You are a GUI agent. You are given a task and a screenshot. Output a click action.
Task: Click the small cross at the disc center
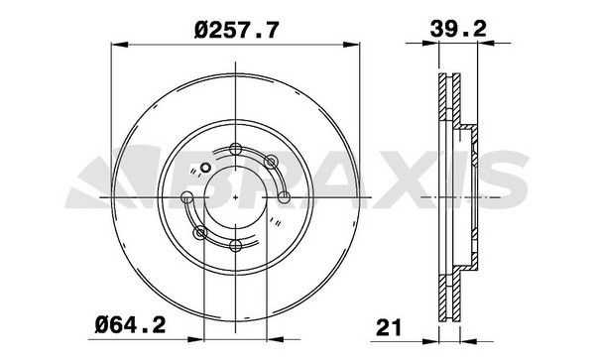click(234, 197)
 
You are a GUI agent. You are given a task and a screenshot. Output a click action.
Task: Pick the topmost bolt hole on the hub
click(234, 149)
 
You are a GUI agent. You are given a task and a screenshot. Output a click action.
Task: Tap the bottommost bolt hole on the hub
click(234, 246)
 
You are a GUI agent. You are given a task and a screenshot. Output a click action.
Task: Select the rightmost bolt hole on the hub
click(284, 197)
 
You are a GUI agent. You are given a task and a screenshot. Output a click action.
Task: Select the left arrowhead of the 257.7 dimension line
click(113, 43)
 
